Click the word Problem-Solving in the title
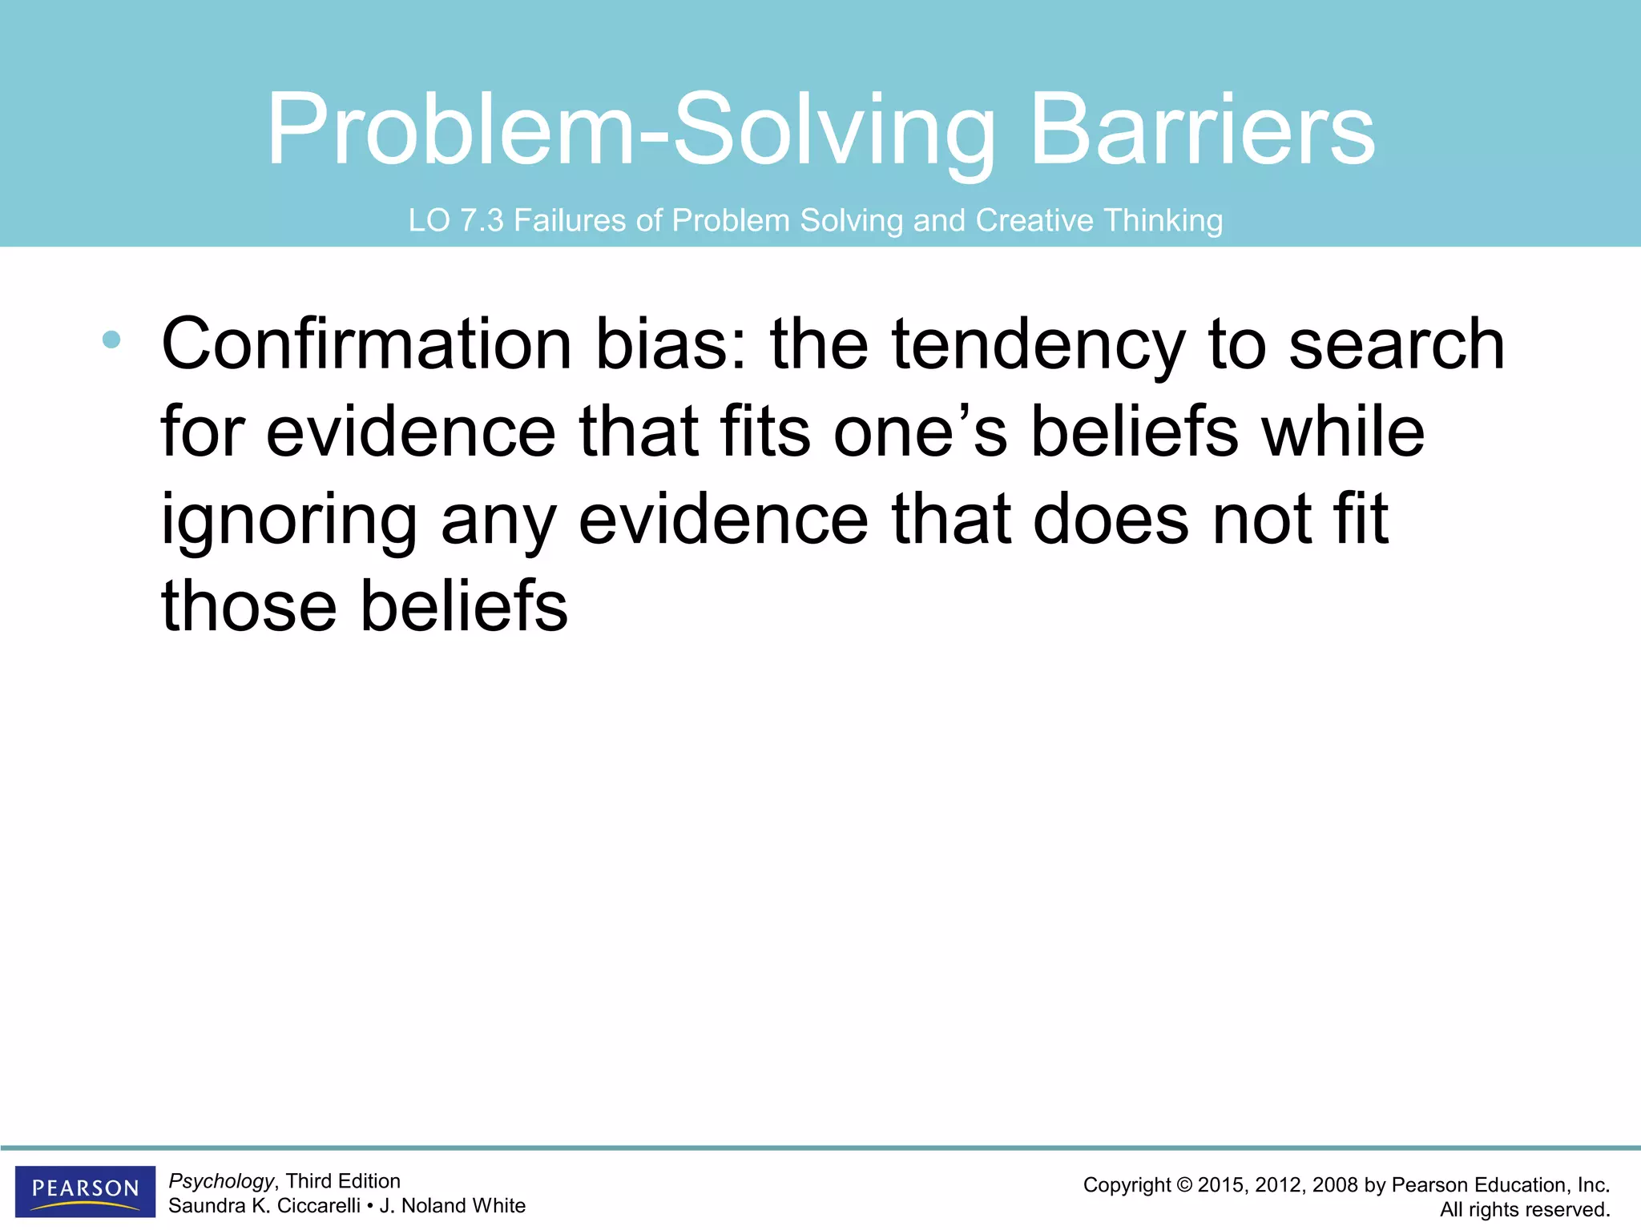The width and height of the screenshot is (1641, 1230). tap(631, 131)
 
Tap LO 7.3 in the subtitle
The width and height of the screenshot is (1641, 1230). tap(455, 220)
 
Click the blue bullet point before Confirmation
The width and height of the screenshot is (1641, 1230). tap(111, 340)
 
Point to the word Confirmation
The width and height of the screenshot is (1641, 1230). tap(366, 344)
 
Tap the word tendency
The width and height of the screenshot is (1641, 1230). tap(1038, 344)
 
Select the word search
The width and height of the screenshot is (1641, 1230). tap(1397, 344)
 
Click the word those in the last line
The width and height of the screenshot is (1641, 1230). tap(248, 606)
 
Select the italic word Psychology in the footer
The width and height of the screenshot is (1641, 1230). tap(221, 1181)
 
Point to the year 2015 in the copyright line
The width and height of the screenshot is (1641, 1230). tap(1221, 1186)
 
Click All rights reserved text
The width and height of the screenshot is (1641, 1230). tap(1524, 1210)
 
